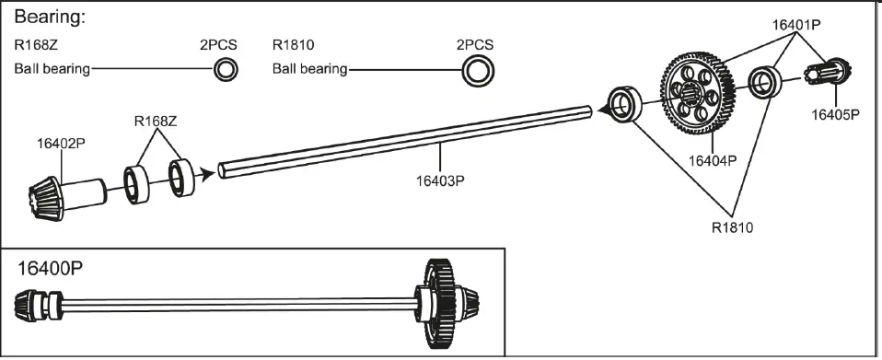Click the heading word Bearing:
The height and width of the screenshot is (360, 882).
(50, 17)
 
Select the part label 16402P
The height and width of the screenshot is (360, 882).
(61, 144)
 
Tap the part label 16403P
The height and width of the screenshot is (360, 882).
(440, 180)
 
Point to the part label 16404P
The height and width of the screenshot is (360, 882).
(713, 161)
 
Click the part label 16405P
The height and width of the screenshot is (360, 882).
(835, 115)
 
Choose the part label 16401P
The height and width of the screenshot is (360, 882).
(796, 24)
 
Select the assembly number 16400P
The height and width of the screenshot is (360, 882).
(50, 268)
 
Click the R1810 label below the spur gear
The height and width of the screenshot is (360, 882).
(732, 227)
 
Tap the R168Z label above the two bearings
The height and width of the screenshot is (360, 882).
(156, 121)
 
